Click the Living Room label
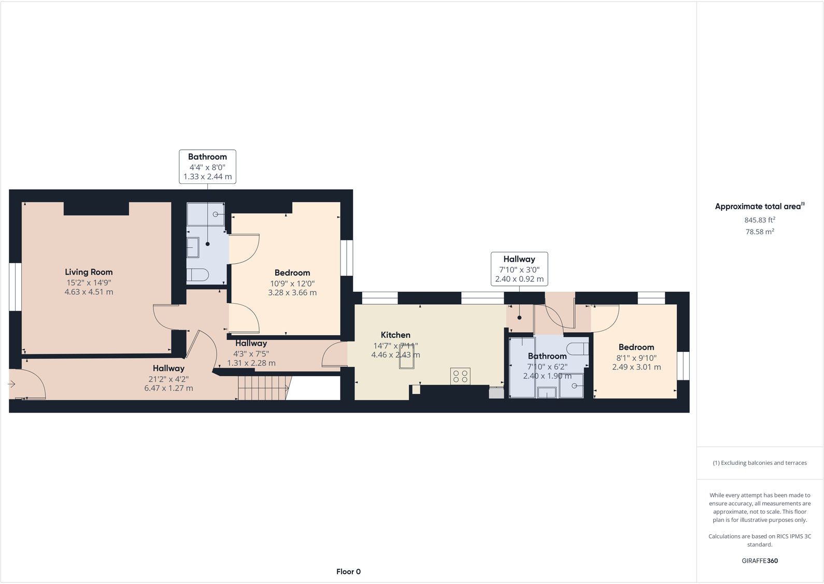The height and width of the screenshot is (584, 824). [89, 272]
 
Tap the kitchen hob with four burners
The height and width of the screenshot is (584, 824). [460, 376]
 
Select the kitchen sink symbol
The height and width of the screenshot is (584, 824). [406, 357]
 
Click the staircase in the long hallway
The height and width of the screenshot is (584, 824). [263, 388]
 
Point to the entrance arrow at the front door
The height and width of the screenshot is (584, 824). [12, 384]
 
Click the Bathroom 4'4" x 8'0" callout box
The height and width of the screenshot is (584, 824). [207, 166]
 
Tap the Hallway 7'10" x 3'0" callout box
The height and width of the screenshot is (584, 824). [519, 269]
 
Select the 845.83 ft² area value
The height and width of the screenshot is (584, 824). [759, 220]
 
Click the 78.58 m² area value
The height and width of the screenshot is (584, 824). [759, 232]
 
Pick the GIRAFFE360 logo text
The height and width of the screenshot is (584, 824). [759, 561]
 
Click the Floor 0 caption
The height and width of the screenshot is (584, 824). [348, 572]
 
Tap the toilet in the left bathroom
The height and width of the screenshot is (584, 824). [197, 275]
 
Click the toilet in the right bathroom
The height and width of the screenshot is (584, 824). [577, 348]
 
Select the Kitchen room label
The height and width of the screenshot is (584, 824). [395, 335]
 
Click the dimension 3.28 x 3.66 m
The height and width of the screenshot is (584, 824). [292, 293]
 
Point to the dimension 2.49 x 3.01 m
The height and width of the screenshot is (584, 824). [636, 367]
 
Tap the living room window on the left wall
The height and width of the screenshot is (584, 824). [16, 287]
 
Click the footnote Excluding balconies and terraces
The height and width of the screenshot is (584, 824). [759, 463]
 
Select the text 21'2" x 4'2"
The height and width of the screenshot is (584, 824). [168, 379]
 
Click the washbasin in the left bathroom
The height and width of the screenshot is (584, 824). [193, 248]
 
